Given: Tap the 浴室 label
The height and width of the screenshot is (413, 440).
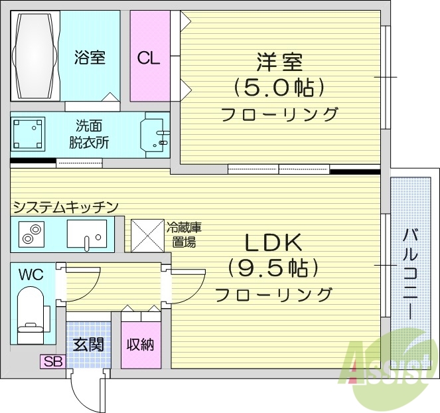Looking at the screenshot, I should pos(90,58).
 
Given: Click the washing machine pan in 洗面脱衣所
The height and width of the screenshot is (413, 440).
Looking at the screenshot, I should pos(29,135).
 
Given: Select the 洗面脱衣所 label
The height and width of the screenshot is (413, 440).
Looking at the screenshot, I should pos(89,133).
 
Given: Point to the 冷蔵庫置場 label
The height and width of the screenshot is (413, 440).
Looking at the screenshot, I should pos(184,234).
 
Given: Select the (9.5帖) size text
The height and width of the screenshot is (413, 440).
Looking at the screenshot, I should pos(274,268).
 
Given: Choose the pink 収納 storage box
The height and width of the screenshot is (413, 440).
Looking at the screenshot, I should pos(141,345).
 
